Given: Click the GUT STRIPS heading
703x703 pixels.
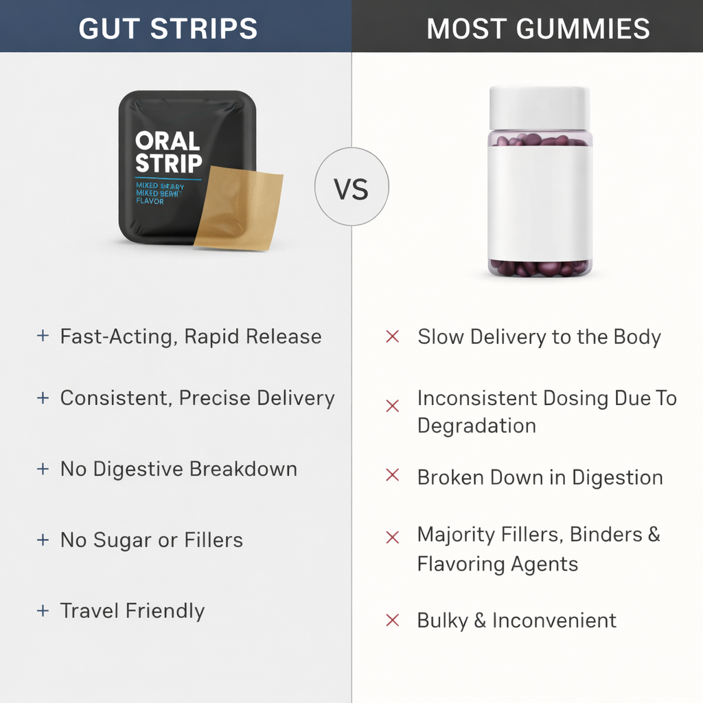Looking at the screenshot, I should click(x=168, y=29).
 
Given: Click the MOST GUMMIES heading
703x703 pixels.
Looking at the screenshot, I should click(x=538, y=29).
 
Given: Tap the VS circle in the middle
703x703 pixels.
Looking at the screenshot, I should click(x=351, y=187).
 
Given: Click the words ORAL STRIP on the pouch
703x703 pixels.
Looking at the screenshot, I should click(x=168, y=152).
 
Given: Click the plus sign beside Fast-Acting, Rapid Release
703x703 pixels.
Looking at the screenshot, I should click(x=43, y=336).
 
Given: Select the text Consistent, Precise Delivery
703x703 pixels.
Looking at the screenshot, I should click(x=197, y=398).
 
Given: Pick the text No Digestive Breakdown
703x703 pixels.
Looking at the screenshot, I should click(x=178, y=470).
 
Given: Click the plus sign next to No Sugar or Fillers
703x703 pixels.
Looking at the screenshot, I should click(x=43, y=540).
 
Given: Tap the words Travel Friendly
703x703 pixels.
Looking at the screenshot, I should click(x=132, y=611).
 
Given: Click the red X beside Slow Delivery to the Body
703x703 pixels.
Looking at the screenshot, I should click(x=393, y=337).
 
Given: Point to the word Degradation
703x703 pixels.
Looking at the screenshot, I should click(x=476, y=426).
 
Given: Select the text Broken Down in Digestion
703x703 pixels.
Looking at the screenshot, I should click(x=540, y=478).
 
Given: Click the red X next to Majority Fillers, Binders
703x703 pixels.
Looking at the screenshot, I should click(x=393, y=537).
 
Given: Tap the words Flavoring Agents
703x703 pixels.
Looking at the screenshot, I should click(x=498, y=564).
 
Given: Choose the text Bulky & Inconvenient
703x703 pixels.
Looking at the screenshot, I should click(x=516, y=621).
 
